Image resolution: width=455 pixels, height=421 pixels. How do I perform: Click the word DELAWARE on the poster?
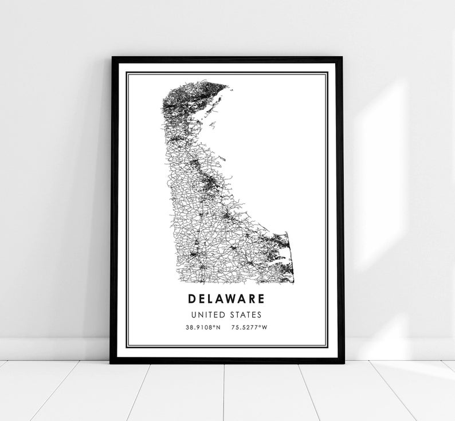tap(226, 298)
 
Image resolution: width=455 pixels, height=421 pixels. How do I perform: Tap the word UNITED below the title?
tap(209, 314)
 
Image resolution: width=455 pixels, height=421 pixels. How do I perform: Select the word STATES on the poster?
tap(245, 314)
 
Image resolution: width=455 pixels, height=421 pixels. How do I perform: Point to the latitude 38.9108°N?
tap(202, 328)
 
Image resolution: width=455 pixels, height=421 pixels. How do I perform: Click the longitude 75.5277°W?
tap(250, 328)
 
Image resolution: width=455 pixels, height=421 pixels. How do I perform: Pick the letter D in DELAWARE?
tap(191, 298)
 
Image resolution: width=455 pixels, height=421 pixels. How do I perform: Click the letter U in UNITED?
tap(194, 314)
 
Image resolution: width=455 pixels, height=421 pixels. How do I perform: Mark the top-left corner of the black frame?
tap(113, 58)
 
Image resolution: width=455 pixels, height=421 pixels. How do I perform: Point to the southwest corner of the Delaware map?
tap(172, 283)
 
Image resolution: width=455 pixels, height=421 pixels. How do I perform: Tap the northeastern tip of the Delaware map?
tap(227, 87)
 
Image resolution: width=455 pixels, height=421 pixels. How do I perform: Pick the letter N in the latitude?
tap(218, 328)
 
